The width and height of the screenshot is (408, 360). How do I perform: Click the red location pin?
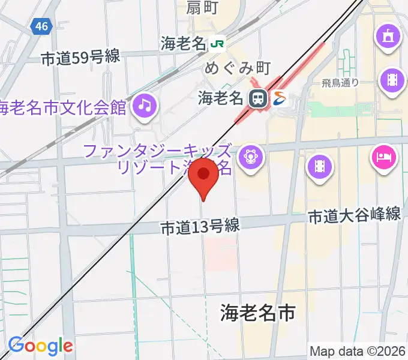coord(203,176)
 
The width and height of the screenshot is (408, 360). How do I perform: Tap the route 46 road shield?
coord(41,26)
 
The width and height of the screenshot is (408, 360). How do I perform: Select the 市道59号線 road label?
coord(81,58)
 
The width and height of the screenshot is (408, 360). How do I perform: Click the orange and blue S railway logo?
coord(280,98)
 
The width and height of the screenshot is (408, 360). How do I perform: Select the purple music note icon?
coord(145,106)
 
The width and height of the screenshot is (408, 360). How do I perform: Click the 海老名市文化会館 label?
coord(63,108)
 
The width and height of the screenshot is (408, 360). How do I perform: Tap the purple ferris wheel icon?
coord(250,158)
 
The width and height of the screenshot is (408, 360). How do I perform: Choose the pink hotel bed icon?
coord(385,158)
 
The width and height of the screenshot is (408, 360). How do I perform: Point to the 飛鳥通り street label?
coord(340,83)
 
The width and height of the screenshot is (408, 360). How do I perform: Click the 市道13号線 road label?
coord(200,227)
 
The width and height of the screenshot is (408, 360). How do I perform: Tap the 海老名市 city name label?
coord(258,312)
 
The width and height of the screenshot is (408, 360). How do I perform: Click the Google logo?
coord(40,346)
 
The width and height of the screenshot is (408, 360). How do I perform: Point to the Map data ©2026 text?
coord(358,351)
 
